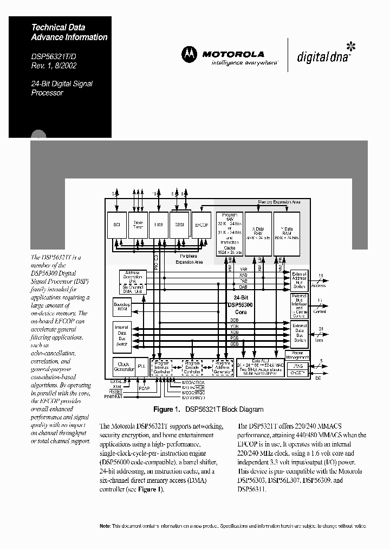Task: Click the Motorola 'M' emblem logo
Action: tap(190, 54)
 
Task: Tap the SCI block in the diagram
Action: tap(116, 224)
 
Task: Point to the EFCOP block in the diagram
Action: tap(201, 224)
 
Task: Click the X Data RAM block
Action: tap(258, 233)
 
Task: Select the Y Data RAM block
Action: tap(287, 233)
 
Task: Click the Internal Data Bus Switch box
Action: tap(122, 335)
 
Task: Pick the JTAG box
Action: tap(300, 366)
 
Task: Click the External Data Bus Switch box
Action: tap(300, 333)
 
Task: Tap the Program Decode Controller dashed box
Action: tap(192, 367)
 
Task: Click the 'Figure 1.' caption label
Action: tap(166, 410)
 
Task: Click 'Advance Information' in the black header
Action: tap(69, 37)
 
